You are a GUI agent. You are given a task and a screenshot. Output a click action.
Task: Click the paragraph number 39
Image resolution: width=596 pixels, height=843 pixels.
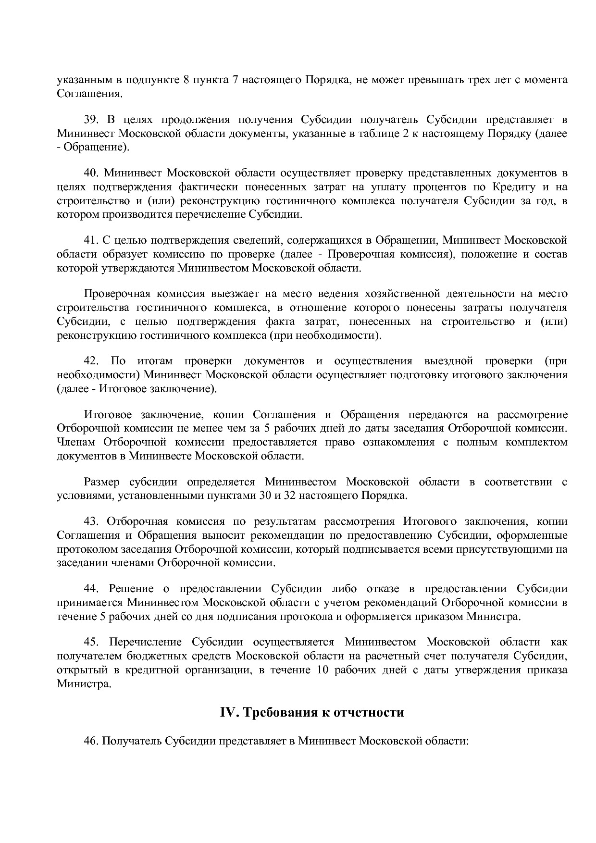coord(92,120)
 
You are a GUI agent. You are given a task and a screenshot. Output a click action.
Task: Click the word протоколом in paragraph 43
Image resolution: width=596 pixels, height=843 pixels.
coord(81,549)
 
